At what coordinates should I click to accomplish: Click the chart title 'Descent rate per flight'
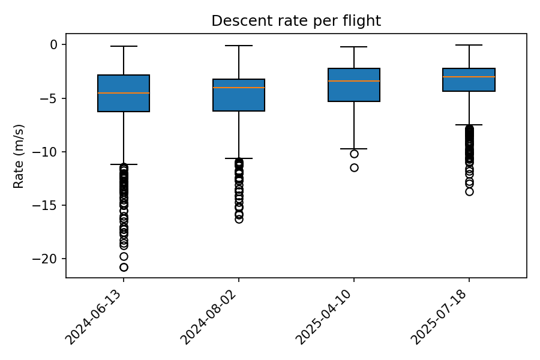click(x=296, y=21)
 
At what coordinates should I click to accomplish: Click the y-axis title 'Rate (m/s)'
click(x=19, y=156)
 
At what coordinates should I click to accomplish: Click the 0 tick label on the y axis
click(x=53, y=44)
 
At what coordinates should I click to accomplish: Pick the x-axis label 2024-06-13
click(x=97, y=316)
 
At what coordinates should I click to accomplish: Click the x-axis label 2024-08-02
click(x=212, y=316)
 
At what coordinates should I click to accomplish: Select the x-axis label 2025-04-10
click(x=327, y=316)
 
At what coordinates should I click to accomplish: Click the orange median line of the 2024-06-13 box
click(x=124, y=93)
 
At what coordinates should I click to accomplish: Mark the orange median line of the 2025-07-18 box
click(x=469, y=77)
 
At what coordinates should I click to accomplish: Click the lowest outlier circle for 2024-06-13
click(x=124, y=267)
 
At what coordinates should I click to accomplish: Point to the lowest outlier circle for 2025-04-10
click(x=354, y=167)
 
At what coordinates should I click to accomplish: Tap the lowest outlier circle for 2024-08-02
click(x=239, y=219)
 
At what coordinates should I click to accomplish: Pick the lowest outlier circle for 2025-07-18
click(x=469, y=191)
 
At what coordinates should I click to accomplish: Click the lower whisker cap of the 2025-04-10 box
click(x=354, y=149)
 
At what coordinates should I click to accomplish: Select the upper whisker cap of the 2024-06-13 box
click(x=124, y=46)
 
